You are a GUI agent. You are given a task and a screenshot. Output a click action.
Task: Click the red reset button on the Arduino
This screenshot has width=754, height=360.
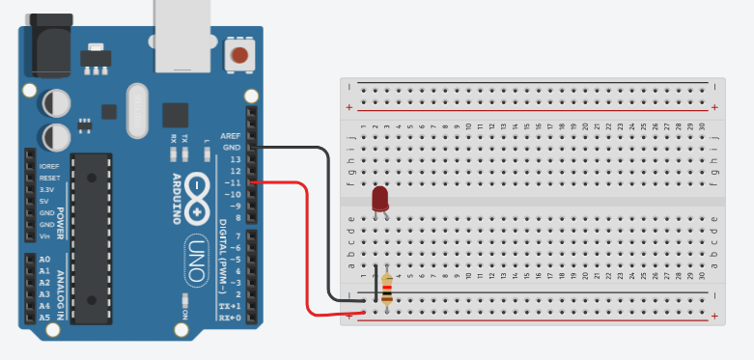pos(237,54)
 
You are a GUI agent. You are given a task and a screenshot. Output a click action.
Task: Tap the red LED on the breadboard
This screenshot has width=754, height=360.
pos(380,200)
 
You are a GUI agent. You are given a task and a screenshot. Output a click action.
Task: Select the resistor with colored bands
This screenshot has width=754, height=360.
pos(387,289)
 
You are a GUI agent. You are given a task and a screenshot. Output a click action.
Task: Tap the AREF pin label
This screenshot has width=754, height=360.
pos(231,136)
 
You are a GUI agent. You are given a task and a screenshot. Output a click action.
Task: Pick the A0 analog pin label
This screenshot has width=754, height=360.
pos(44,260)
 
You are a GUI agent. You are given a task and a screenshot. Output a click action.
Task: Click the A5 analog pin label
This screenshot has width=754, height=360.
pos(44,317)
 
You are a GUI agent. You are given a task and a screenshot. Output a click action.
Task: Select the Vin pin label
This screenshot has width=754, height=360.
pos(44,235)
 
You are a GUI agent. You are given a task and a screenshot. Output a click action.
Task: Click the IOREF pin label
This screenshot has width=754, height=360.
pos(49,167)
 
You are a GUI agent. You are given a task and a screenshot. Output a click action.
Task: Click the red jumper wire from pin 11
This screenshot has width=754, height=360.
pos(308,251)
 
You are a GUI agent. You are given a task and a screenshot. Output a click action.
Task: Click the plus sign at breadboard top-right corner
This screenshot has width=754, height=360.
pos(713,107)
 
